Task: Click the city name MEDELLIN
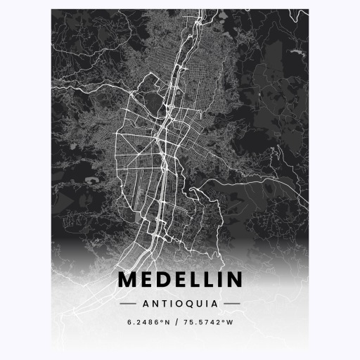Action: tap(180, 279)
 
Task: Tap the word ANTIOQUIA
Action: tap(180, 304)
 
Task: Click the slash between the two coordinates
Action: tap(180, 323)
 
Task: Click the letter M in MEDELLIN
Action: tap(127, 279)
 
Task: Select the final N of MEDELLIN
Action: tap(233, 279)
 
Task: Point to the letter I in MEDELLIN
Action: tap(217, 279)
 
